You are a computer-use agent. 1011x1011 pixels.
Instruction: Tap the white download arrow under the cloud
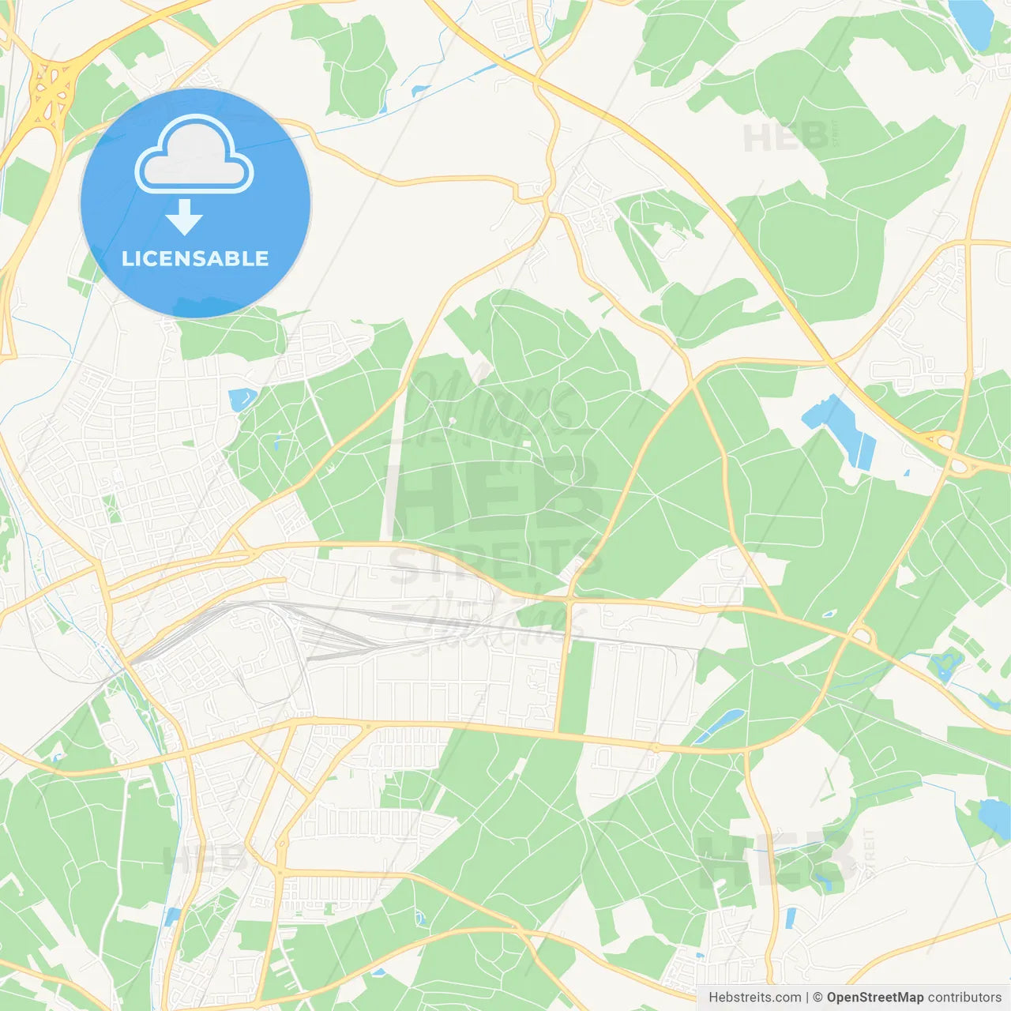coord(184,216)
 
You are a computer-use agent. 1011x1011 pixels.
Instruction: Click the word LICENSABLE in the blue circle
coord(195,258)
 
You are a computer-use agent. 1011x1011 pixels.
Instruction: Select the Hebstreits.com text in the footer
coord(754,998)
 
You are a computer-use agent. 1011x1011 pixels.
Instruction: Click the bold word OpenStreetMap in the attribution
coord(875,998)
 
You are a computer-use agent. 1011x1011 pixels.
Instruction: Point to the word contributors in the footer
coord(964,998)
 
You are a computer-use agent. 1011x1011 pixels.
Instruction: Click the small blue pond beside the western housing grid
coord(239,400)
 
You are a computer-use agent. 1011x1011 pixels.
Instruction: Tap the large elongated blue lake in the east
coord(841,430)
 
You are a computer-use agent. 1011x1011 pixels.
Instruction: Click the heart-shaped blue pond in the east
coord(945,666)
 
